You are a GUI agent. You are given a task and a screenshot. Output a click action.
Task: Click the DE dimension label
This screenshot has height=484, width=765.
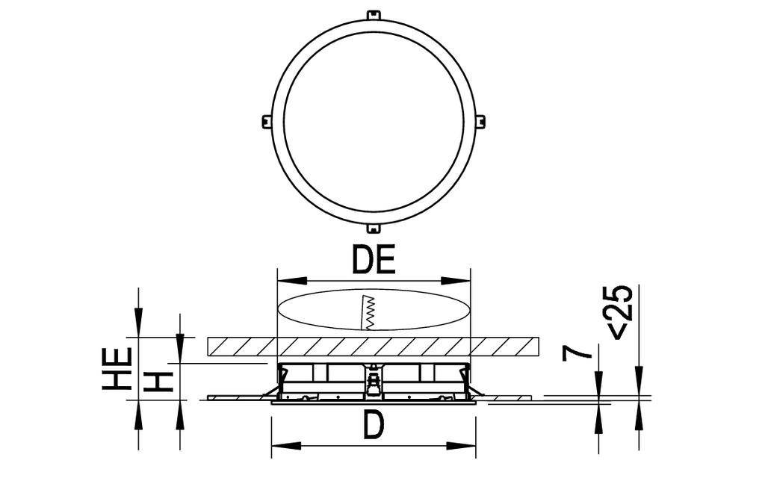pos(373,261)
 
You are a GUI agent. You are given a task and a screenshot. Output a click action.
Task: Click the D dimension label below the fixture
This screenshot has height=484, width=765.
pos(373,426)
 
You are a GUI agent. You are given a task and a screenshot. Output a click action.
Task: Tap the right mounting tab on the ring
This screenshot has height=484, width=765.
pos(480,121)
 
